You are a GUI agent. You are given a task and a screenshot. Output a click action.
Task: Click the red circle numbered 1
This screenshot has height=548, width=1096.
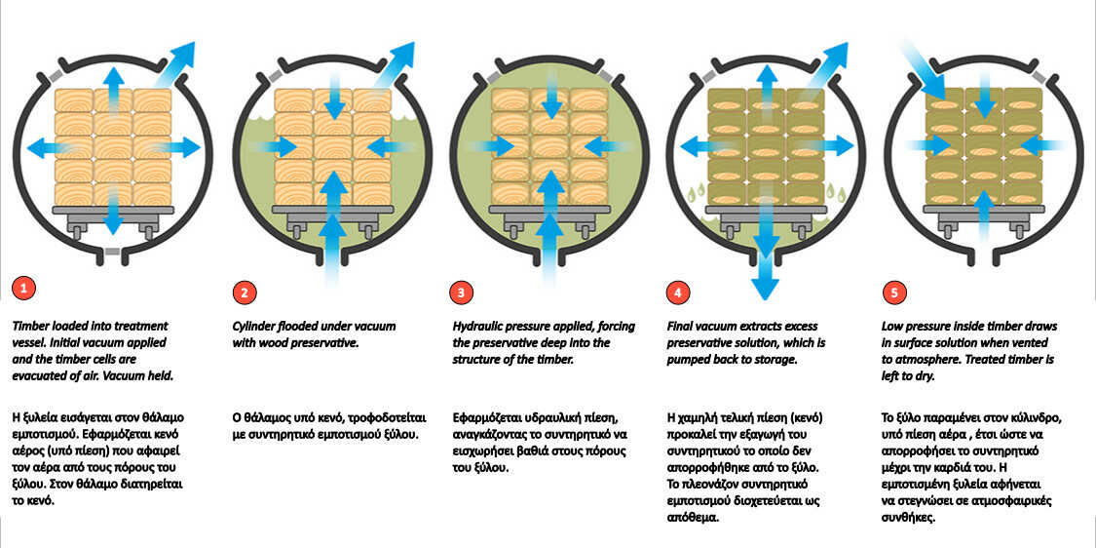(23, 288)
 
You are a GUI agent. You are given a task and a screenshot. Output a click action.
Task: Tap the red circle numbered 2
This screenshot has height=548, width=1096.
(244, 293)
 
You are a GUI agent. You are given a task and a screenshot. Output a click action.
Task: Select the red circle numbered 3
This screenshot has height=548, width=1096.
(462, 293)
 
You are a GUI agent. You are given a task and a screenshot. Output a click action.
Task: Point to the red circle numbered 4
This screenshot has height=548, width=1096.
(678, 293)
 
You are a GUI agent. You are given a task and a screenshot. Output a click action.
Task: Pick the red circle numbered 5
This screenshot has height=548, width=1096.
(894, 293)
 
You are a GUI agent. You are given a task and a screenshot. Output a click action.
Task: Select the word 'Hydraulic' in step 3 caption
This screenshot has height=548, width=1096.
(479, 327)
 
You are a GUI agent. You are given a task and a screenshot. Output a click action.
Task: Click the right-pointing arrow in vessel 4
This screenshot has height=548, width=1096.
(829, 146)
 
